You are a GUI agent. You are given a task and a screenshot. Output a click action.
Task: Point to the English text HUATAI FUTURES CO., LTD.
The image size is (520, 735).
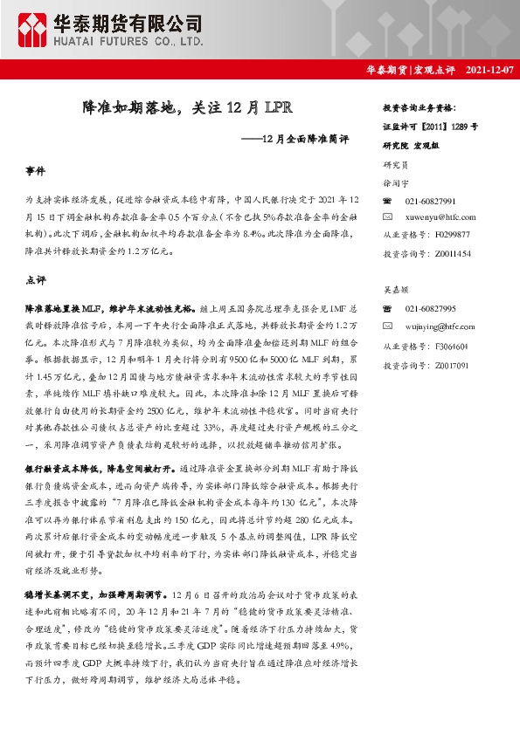129,40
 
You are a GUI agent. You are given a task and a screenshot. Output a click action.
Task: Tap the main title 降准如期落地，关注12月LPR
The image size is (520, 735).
181,108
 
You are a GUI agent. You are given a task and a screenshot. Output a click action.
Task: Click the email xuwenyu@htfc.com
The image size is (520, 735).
443,217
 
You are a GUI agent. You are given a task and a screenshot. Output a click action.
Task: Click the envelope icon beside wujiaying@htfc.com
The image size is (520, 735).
389,326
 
